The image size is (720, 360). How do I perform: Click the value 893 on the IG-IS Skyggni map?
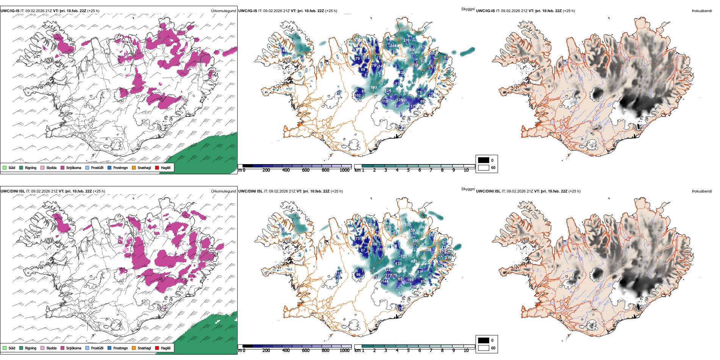click(x=374, y=88)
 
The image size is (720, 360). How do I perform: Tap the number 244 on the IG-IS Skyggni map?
click(x=393, y=46)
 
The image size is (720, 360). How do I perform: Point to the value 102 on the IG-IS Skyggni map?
click(x=357, y=95)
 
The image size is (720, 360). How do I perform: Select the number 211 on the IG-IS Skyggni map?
click(x=406, y=40)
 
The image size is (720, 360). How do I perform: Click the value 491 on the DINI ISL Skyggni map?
click(x=414, y=261)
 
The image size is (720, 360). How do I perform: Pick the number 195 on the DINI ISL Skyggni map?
click(x=410, y=280)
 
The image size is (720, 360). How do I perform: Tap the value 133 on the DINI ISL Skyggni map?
click(x=398, y=264)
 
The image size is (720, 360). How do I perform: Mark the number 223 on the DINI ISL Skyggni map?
click(x=415, y=241)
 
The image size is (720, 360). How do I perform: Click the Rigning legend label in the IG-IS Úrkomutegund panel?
click(x=31, y=168)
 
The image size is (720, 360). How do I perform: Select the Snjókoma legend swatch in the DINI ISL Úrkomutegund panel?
click(x=63, y=348)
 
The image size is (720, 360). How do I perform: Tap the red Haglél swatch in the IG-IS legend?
click(x=157, y=167)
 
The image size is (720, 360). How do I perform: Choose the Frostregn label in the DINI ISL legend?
click(x=121, y=348)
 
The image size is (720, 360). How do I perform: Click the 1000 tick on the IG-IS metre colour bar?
click(x=344, y=170)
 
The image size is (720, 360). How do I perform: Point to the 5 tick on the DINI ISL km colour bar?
click(x=408, y=351)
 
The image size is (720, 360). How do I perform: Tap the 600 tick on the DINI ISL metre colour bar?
click(x=305, y=351)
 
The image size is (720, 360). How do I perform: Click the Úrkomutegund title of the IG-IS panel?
click(x=223, y=11)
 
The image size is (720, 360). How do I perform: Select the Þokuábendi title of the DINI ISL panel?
click(x=702, y=191)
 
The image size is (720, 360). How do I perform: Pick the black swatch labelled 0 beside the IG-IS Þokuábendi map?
click(x=484, y=160)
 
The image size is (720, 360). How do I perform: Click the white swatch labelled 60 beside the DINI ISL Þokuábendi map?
click(x=484, y=348)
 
